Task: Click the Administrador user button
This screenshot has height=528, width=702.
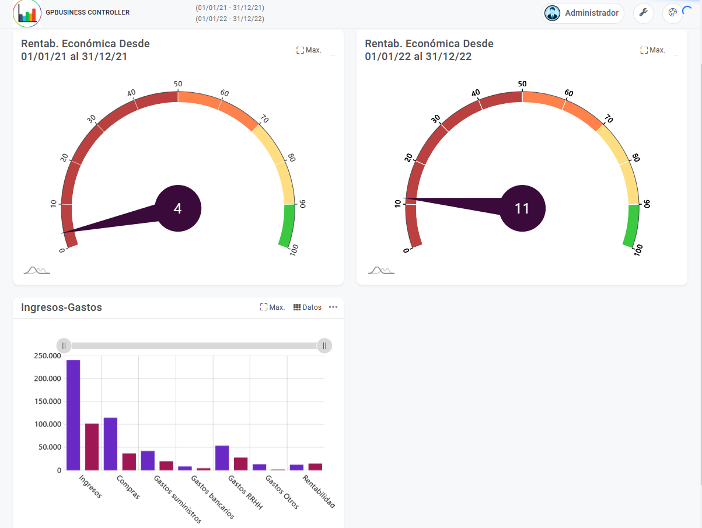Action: [583, 13]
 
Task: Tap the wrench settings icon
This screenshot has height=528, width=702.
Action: [644, 13]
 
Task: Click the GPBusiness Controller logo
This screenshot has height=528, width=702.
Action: [27, 13]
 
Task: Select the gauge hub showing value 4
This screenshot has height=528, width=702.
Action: [178, 208]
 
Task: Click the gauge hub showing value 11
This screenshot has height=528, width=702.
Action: [522, 208]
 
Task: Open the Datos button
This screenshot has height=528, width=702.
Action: [308, 307]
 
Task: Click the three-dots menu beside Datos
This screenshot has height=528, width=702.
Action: [333, 307]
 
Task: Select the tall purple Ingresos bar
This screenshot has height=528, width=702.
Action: [73, 414]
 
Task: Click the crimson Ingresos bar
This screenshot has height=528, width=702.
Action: [92, 446]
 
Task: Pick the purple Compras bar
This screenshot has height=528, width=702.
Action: [110, 443]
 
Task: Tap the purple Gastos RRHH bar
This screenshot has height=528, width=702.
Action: [222, 457]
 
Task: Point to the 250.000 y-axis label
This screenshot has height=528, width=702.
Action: [47, 356]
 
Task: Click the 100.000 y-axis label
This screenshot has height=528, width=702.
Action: [47, 424]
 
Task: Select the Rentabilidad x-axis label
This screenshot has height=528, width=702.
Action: [319, 492]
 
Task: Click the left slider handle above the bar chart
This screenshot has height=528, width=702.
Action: [64, 345]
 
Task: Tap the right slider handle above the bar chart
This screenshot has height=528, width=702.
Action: [324, 345]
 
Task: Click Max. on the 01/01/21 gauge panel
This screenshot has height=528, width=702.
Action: [309, 50]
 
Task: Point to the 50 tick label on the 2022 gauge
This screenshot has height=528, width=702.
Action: [522, 84]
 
